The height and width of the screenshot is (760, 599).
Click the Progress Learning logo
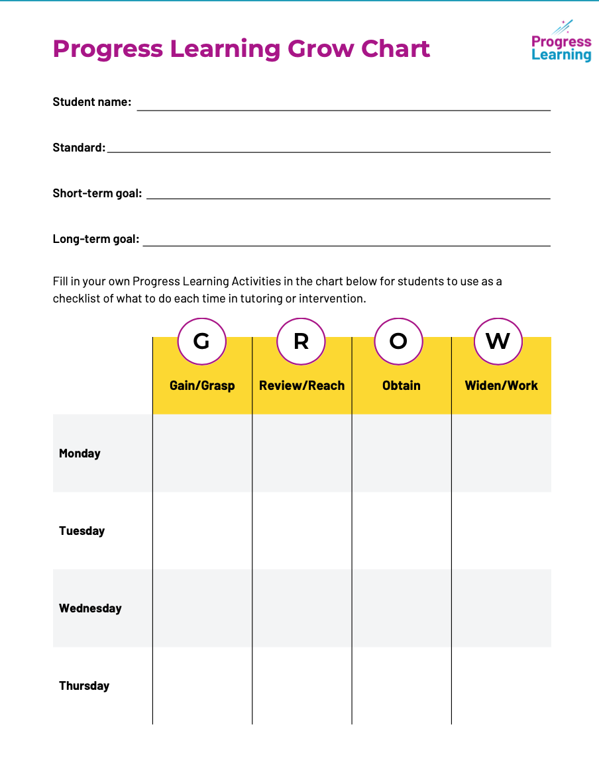[x=561, y=42]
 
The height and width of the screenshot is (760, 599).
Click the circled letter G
[x=201, y=341]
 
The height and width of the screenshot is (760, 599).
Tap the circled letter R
[x=301, y=341]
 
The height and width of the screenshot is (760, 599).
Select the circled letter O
[x=398, y=341]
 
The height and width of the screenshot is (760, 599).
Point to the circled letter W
[x=498, y=341]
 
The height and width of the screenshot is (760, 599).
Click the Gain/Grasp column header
[x=202, y=385]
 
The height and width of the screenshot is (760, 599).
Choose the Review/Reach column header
[x=301, y=385]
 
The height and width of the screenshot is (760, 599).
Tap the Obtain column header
[x=402, y=385]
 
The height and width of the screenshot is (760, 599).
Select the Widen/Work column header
[x=501, y=385]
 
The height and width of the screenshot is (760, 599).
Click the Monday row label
[x=80, y=453]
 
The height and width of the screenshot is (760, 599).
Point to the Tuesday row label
[x=82, y=531]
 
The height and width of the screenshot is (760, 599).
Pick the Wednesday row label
[x=90, y=608]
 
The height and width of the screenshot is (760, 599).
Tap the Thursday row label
[x=84, y=686]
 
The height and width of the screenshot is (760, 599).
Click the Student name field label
[x=92, y=103]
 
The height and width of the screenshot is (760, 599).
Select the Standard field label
[x=79, y=148]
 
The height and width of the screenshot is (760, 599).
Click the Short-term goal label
[x=97, y=194]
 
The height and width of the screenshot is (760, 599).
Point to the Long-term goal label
[x=96, y=239]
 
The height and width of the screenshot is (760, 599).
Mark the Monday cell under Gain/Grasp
[x=202, y=453]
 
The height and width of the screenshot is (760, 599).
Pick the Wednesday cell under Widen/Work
[x=501, y=608]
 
